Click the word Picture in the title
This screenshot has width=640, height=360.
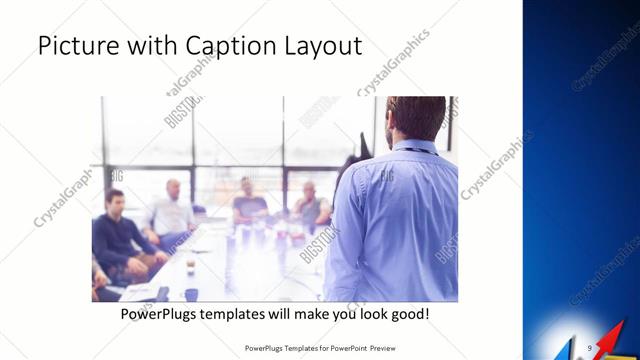74,47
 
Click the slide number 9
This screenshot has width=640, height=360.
590,347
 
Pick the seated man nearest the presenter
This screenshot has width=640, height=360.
311,204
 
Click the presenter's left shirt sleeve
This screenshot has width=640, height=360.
346,230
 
